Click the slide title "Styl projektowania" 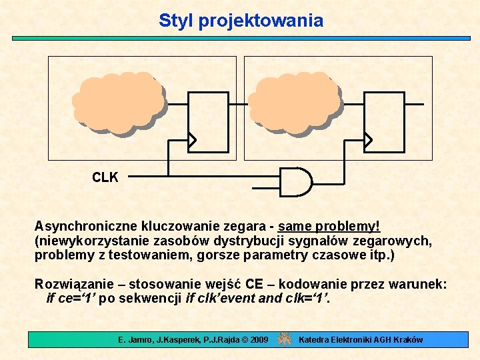[241, 21]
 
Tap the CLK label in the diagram [105, 177]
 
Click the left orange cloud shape [118, 104]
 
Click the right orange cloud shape [295, 104]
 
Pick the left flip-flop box [208, 120]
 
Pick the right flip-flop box [385, 120]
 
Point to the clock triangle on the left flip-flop [193, 139]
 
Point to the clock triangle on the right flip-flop [370, 139]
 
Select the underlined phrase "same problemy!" [329, 227]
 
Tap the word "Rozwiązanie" [72, 285]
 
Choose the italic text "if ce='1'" [72, 298]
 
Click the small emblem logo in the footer [285, 339]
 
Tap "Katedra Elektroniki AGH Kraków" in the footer [361, 340]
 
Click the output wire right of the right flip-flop [414, 104]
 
